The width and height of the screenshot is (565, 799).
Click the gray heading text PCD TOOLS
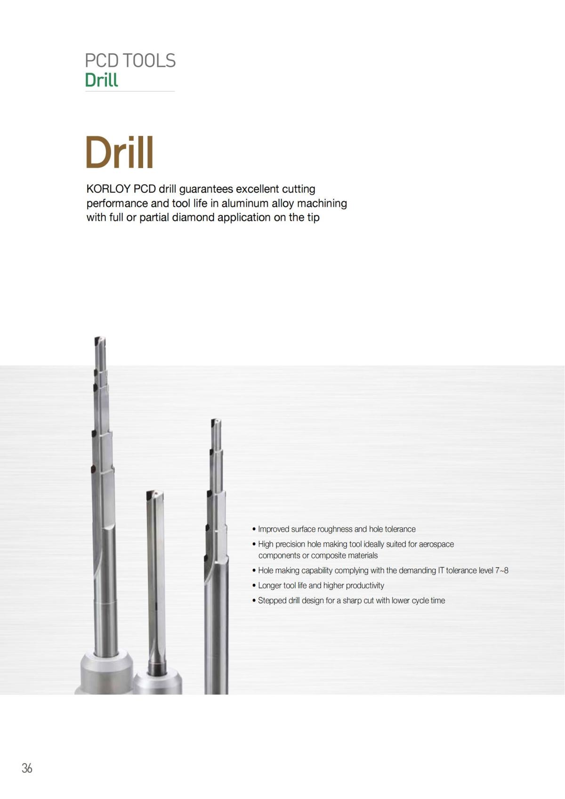130,61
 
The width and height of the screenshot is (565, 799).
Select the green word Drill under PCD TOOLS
101,80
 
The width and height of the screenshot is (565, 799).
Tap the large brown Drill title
120,152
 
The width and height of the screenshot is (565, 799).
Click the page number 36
27,768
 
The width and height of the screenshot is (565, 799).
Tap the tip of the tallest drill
99,337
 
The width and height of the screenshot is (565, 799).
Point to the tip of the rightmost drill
216,420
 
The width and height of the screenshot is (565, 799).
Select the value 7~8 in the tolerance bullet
501,570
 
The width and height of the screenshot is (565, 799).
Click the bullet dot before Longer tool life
254,586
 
